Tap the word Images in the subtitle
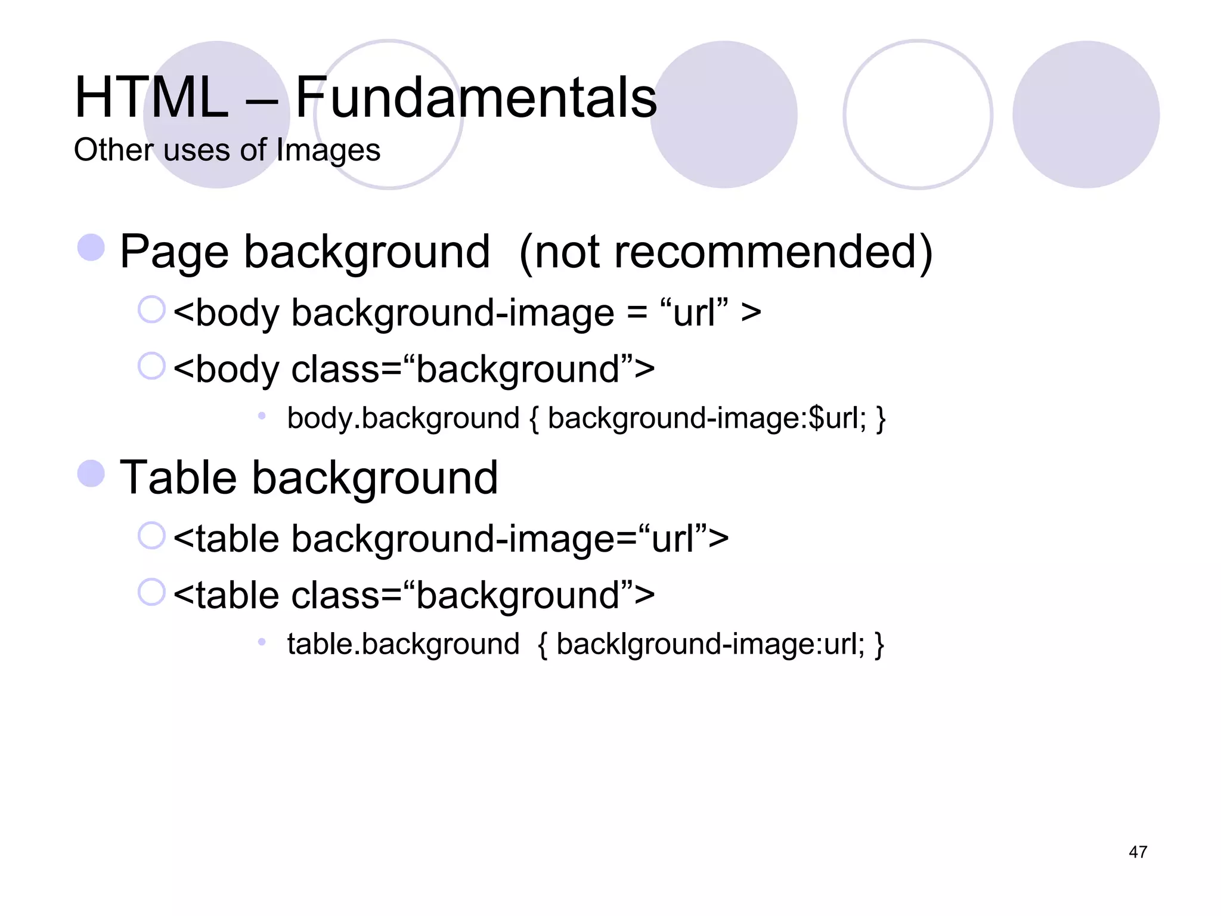(328, 150)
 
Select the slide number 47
(1138, 852)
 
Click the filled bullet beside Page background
(91, 247)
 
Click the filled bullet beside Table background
(91, 474)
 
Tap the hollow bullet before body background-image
(151, 310)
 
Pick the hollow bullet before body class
(151, 366)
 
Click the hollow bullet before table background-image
(151, 536)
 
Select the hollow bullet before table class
(151, 592)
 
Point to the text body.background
(403, 418)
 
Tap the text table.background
(403, 645)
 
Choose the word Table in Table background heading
(178, 478)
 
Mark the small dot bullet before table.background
(261, 642)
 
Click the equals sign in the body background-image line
(637, 313)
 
